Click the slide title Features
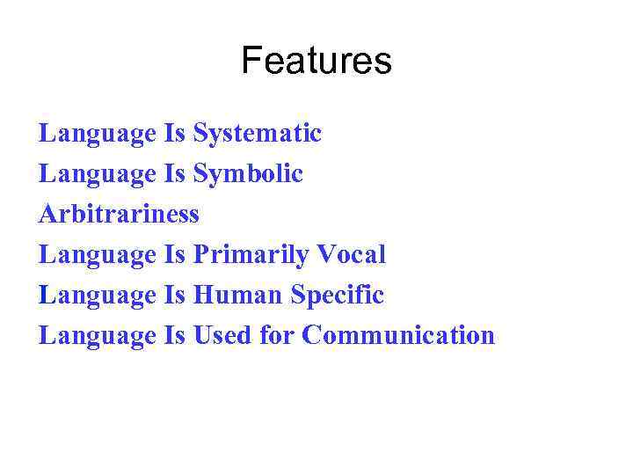[x=316, y=62]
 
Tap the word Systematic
[x=258, y=134]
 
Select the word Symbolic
[x=248, y=174]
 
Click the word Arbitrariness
[x=120, y=214]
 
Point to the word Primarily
[x=248, y=255]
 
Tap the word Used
[x=221, y=335]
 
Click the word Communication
[x=398, y=335]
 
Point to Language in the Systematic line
[x=98, y=134]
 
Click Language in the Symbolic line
[x=98, y=174]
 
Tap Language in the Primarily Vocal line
[x=98, y=255]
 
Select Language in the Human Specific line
[x=98, y=295]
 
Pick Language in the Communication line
[x=98, y=335]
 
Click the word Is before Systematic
[x=174, y=134]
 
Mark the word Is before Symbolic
[x=174, y=174]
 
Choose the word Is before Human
[x=174, y=295]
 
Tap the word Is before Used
[x=174, y=335]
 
